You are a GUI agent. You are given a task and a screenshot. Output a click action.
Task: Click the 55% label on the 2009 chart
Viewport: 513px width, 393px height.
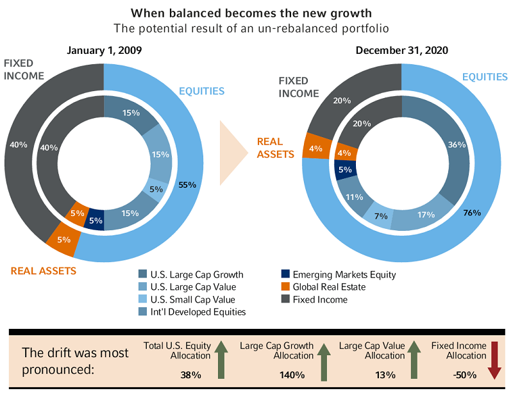(x=188, y=185)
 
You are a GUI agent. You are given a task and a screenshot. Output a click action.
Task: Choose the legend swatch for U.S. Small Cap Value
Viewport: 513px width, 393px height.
(x=143, y=299)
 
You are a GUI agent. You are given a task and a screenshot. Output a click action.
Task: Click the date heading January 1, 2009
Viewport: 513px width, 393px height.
(x=104, y=50)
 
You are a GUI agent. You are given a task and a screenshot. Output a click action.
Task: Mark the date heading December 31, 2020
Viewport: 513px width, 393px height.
(x=402, y=50)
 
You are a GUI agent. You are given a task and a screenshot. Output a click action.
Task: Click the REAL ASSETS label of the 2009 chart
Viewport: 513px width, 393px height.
(x=44, y=271)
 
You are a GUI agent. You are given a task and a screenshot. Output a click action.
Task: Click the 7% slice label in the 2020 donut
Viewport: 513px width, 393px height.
(x=381, y=216)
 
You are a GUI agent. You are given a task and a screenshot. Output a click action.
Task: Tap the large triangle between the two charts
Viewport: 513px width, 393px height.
(x=232, y=153)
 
